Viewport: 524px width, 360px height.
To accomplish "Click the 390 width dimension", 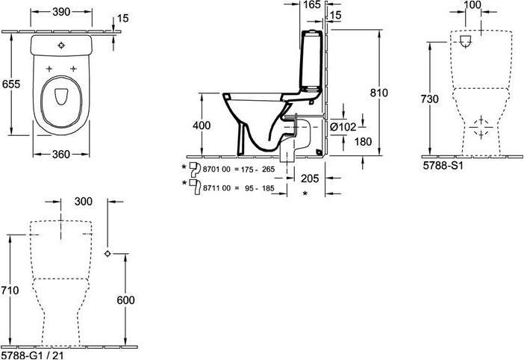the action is click(x=61, y=12).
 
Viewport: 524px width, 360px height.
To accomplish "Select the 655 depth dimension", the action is click(x=11, y=84).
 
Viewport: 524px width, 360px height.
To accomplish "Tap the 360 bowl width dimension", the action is click(x=61, y=155).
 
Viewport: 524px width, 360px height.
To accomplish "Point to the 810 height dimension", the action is click(x=379, y=93).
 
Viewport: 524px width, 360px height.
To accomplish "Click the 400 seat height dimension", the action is click(x=202, y=125).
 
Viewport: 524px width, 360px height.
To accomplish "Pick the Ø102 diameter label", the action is click(x=343, y=127).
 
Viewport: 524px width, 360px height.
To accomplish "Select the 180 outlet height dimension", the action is click(x=363, y=142).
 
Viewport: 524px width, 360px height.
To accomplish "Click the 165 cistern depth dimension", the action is click(x=313, y=4).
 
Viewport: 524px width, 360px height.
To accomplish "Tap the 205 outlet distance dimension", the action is click(x=310, y=179).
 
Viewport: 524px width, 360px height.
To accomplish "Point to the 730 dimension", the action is click(x=430, y=99).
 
